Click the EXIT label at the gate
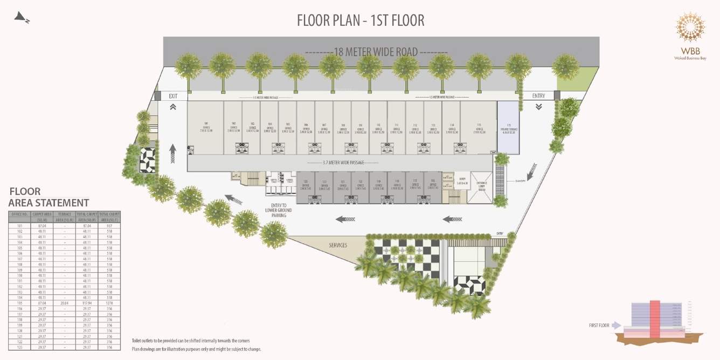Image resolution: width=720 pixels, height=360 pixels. point(173,96)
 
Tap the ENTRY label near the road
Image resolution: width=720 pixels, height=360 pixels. point(538,96)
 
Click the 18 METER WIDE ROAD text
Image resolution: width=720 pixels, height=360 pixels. point(376,52)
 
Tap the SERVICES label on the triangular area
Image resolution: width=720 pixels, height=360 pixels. point(338,245)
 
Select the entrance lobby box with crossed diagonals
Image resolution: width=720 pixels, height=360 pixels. point(481,188)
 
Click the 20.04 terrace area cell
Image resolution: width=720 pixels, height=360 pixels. point(64,303)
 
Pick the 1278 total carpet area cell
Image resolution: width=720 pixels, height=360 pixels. point(109,303)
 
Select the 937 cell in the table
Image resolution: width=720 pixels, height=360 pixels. point(109,226)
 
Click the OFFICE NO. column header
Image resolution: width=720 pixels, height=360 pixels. point(19,214)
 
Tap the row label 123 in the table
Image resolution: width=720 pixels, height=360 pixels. point(19,347)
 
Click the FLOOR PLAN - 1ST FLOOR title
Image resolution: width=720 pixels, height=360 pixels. point(361,20)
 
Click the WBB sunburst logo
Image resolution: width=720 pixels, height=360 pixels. point(690,26)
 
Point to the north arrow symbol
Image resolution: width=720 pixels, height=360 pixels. point(22,18)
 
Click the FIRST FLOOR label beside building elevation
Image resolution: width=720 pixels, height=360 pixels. point(599,326)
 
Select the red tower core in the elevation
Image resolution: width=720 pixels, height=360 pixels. point(654,320)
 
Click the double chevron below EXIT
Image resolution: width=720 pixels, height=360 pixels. point(173,107)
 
